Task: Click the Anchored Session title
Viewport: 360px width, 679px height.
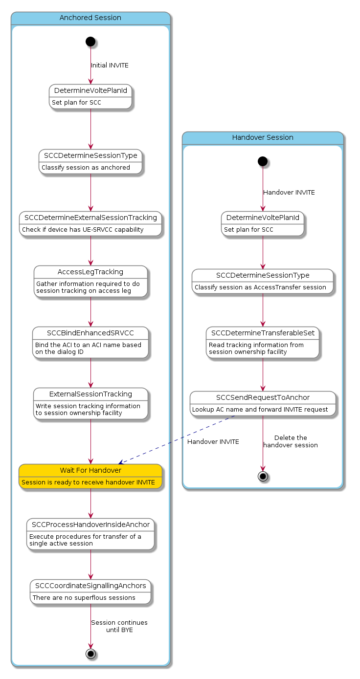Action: tap(90, 18)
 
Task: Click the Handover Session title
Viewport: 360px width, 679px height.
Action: tap(263, 138)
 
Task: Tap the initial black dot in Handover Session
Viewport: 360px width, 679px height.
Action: tap(263, 161)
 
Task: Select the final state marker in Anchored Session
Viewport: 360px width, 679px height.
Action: tap(90, 653)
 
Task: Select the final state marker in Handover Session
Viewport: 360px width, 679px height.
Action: tap(263, 477)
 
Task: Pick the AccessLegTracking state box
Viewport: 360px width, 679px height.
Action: tap(90, 281)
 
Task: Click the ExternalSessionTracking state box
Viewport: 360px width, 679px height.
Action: tap(90, 403)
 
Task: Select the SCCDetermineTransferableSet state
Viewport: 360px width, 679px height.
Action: tap(263, 343)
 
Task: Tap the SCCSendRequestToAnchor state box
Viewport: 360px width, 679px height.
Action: tap(263, 403)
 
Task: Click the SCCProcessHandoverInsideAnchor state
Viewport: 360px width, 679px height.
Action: tap(90, 534)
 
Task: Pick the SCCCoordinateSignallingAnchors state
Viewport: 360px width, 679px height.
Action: tap(90, 592)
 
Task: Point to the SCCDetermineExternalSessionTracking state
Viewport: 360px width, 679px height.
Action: tap(90, 223)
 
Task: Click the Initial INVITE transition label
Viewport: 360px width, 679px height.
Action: tap(110, 66)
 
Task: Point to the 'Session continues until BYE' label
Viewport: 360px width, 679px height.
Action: tap(119, 626)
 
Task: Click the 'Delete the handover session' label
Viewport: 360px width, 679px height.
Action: tap(291, 441)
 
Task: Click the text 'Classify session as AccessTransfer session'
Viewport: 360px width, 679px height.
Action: tap(260, 287)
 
